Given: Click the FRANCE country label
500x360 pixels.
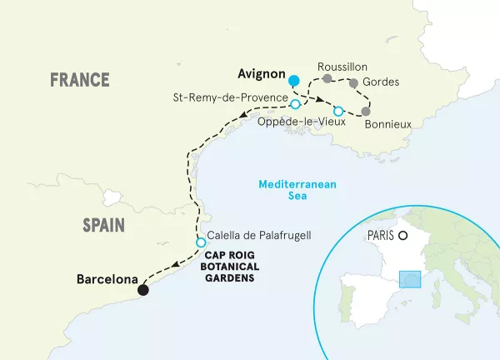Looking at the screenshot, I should [x=79, y=80].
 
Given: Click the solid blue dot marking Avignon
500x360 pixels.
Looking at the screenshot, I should [x=292, y=81].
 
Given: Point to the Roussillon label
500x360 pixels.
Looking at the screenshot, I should [x=342, y=67].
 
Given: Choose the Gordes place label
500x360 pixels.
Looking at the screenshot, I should [x=382, y=82].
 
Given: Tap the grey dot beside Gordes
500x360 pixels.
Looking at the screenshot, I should [x=354, y=83].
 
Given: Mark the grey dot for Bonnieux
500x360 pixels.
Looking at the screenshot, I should [x=365, y=111].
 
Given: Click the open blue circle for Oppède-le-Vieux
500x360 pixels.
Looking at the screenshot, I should [x=338, y=111].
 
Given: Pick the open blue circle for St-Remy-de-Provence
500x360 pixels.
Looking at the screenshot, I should [x=295, y=103].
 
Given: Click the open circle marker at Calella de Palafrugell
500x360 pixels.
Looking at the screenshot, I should [x=201, y=242].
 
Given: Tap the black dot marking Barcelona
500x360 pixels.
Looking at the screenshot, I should [x=143, y=289].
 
